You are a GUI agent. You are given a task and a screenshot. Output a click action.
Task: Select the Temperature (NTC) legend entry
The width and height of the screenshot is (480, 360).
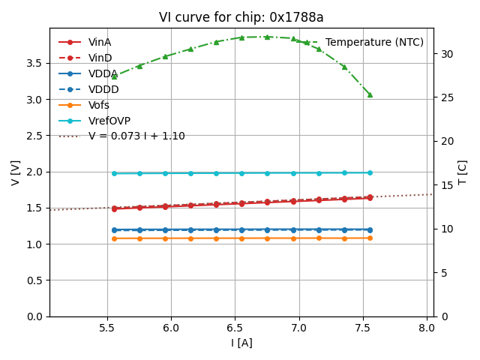pyautogui.click(x=374, y=43)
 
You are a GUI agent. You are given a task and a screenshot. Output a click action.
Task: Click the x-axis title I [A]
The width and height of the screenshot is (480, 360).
pyautogui.click(x=241, y=343)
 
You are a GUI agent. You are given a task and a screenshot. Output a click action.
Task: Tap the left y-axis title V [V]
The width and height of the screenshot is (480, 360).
pyautogui.click(x=16, y=172)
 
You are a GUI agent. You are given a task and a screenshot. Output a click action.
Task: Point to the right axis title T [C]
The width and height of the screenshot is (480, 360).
pyautogui.click(x=463, y=172)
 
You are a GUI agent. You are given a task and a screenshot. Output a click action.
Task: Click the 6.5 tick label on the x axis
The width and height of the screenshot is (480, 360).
pyautogui.click(x=235, y=328)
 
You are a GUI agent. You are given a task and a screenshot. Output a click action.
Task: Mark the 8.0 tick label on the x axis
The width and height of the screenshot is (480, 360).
pyautogui.click(x=427, y=328)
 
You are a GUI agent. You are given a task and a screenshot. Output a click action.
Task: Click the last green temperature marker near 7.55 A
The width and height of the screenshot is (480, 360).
pyautogui.click(x=370, y=94)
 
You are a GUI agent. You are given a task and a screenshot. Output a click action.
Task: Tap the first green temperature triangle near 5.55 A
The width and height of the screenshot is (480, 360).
pyautogui.click(x=114, y=76)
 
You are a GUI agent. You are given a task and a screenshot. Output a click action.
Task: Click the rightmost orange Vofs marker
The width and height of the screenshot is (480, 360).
pyautogui.click(x=370, y=238)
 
